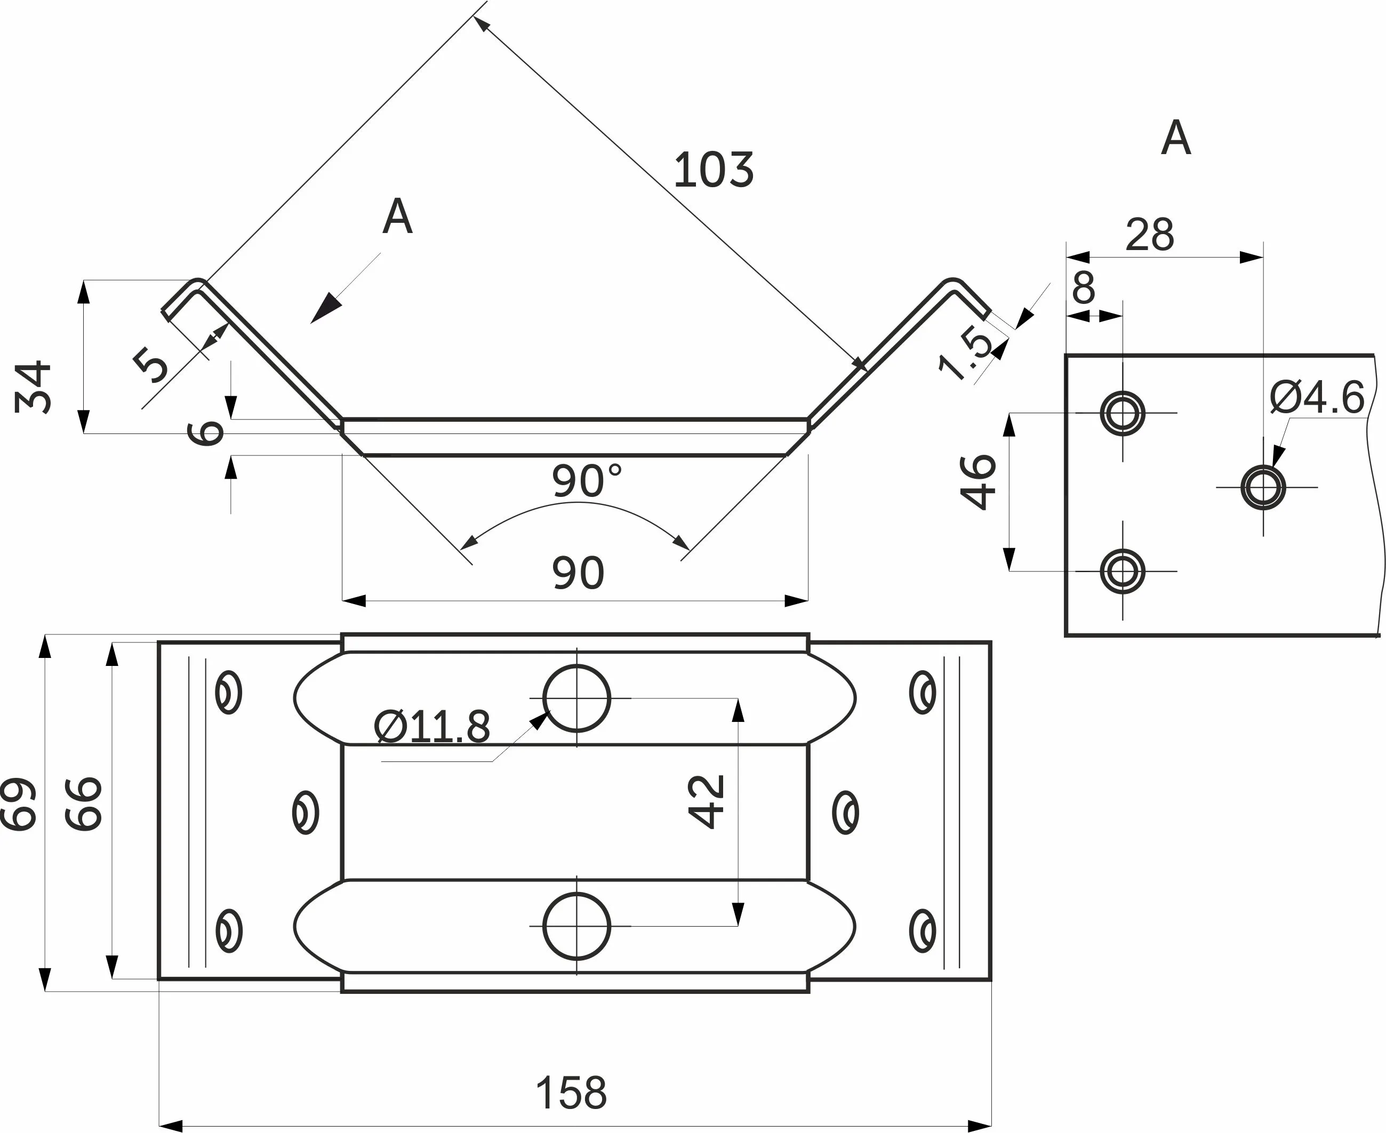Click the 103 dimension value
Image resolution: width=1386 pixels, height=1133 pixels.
tap(713, 170)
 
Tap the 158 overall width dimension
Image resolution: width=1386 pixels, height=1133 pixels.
tap(571, 1092)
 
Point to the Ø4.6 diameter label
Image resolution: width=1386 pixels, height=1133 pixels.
tap(1316, 397)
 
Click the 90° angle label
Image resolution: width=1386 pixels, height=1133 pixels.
tap(586, 480)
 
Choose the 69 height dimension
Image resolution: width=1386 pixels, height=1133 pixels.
tap(18, 803)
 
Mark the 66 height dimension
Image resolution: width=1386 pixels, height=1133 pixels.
tap(84, 803)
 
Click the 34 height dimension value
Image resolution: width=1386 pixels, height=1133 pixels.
tap(33, 387)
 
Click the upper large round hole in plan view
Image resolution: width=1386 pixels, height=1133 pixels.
tap(576, 698)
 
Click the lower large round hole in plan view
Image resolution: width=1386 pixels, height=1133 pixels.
tap(576, 926)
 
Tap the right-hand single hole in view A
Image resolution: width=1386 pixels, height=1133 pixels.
tap(1263, 487)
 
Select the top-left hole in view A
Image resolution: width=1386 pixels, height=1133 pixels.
tap(1122, 413)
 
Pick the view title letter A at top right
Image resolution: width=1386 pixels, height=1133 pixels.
tap(1176, 139)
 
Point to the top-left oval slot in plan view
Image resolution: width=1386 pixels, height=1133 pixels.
tap(228, 693)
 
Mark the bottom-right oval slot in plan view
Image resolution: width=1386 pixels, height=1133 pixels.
tap(923, 931)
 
